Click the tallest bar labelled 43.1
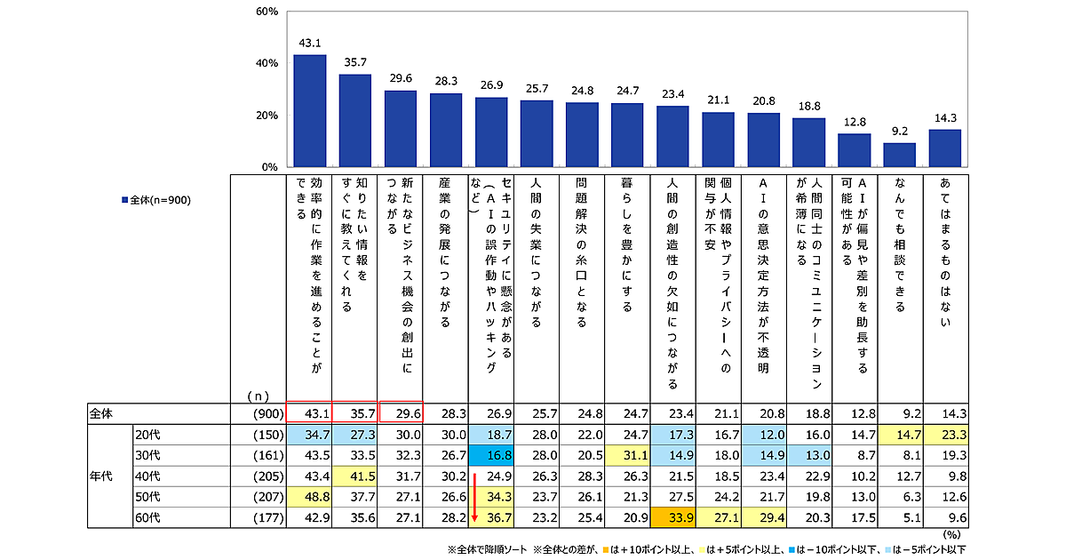pyautogui.click(x=309, y=111)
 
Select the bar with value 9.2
pyautogui.click(x=899, y=155)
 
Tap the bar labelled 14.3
pyautogui.click(x=944, y=148)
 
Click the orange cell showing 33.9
pyautogui.click(x=672, y=517)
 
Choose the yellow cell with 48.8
pyautogui.click(x=309, y=497)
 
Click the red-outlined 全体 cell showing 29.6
pyautogui.click(x=400, y=412)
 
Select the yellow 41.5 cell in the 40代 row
pyautogui.click(x=354, y=476)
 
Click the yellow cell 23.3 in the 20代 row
pyautogui.click(x=944, y=435)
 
